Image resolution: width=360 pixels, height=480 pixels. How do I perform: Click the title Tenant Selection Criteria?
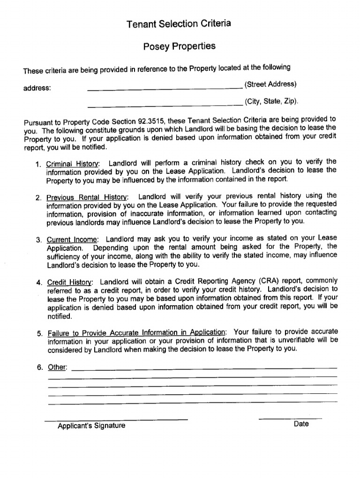[179, 23]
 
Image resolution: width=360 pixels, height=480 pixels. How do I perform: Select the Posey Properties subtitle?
[179, 46]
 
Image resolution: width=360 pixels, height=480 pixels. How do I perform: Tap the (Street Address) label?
[270, 84]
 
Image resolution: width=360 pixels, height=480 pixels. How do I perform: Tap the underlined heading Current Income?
[73, 240]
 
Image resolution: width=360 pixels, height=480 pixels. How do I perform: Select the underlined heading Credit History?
[70, 283]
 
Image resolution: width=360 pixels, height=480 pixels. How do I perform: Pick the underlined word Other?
[57, 367]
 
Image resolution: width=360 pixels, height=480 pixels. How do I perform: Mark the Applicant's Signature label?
[91, 426]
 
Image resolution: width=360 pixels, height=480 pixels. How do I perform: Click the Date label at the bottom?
[301, 424]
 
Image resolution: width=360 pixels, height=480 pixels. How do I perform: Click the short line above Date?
[290, 418]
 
